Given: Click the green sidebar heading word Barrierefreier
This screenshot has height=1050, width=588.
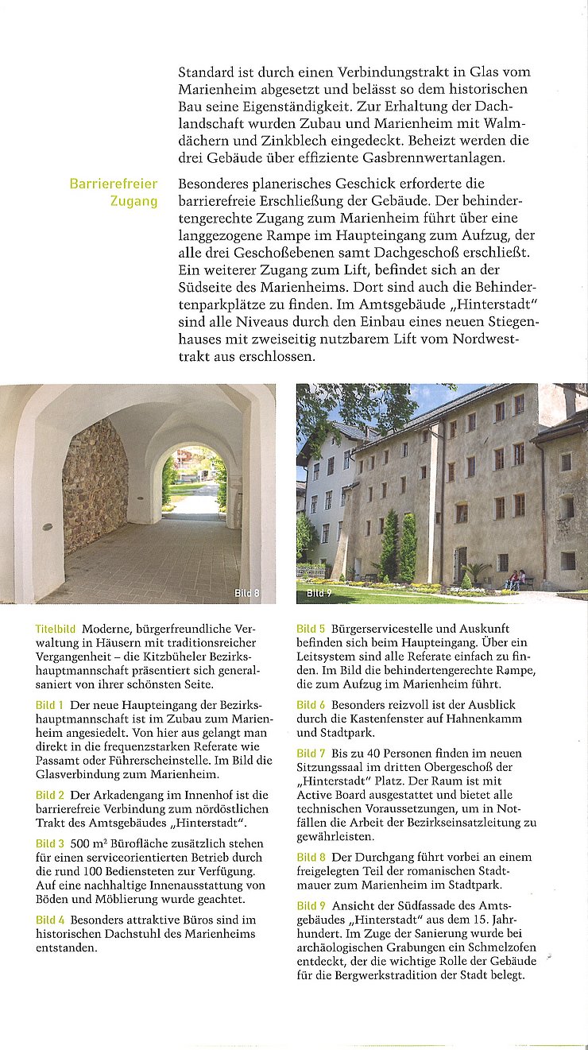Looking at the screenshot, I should click(x=113, y=184).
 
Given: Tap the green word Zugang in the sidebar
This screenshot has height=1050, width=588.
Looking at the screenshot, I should click(x=133, y=201).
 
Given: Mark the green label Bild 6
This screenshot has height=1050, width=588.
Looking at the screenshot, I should click(x=311, y=705).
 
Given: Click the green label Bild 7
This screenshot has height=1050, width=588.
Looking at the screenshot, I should click(x=311, y=753).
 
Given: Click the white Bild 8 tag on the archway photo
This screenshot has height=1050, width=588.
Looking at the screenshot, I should click(x=246, y=593).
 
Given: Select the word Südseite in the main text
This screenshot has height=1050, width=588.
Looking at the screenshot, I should click(x=207, y=289).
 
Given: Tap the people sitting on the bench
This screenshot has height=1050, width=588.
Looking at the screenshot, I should click(x=515, y=579).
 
